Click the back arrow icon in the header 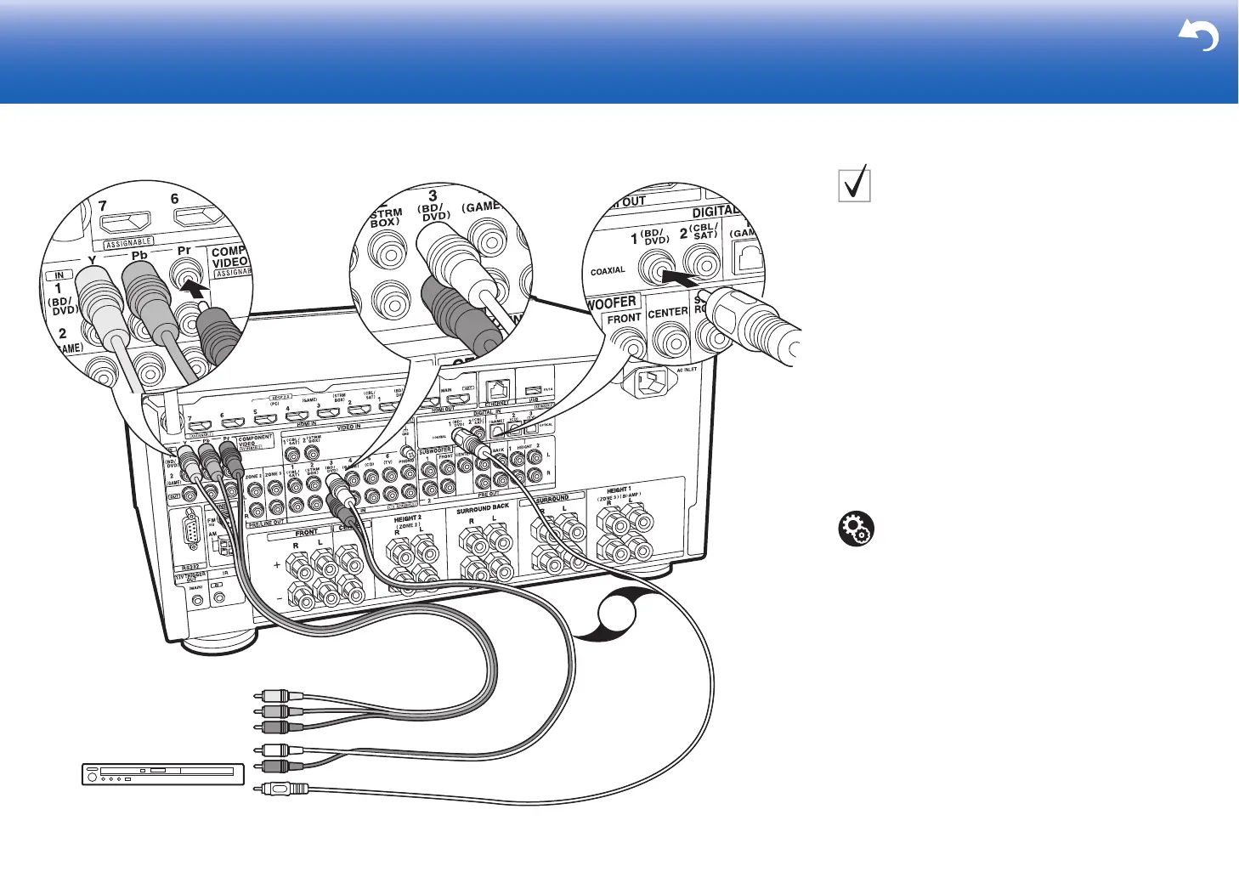[x=1198, y=37]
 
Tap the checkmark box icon [x=854, y=184]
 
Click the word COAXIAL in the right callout [x=608, y=271]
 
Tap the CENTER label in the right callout [x=668, y=313]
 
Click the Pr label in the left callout [x=184, y=251]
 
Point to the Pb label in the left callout [x=139, y=255]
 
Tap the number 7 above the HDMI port [x=103, y=206]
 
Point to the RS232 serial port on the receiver [x=190, y=537]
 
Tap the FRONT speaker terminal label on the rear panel [x=306, y=533]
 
